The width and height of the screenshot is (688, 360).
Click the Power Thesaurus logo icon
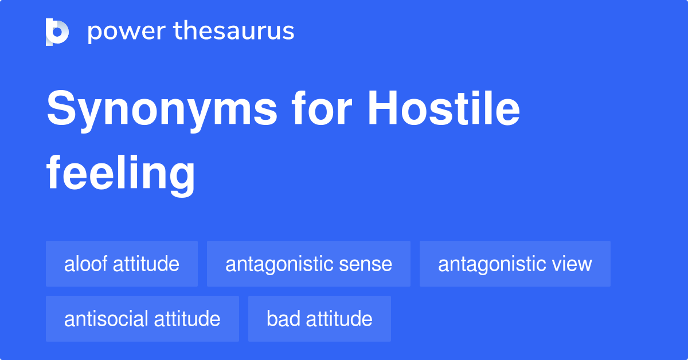coord(57,32)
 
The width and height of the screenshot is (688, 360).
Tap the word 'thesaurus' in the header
coord(234,32)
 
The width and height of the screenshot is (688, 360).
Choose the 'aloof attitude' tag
coord(122,264)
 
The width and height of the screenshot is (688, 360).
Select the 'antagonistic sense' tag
coord(308,264)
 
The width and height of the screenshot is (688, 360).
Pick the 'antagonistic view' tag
coord(515,264)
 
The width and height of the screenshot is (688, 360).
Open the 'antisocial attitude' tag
coord(142,319)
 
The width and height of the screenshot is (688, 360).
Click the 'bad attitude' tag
coord(319,319)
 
